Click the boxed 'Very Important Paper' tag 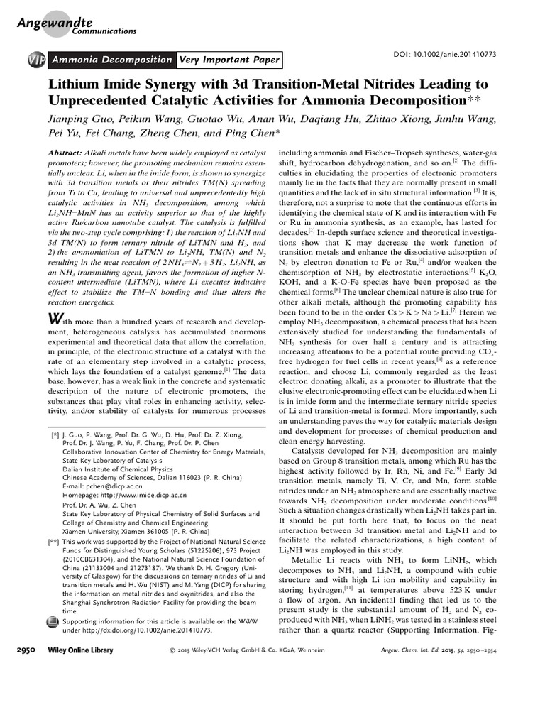pyautogui.click(x=229, y=60)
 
